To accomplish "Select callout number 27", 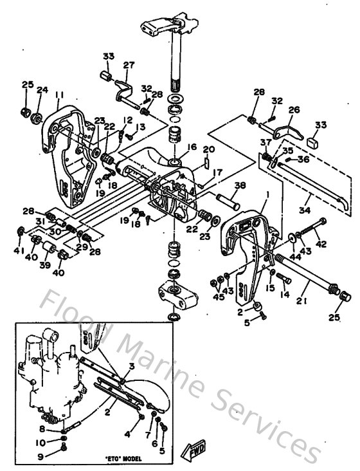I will [x=129, y=64].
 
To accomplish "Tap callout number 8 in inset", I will [x=42, y=428].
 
